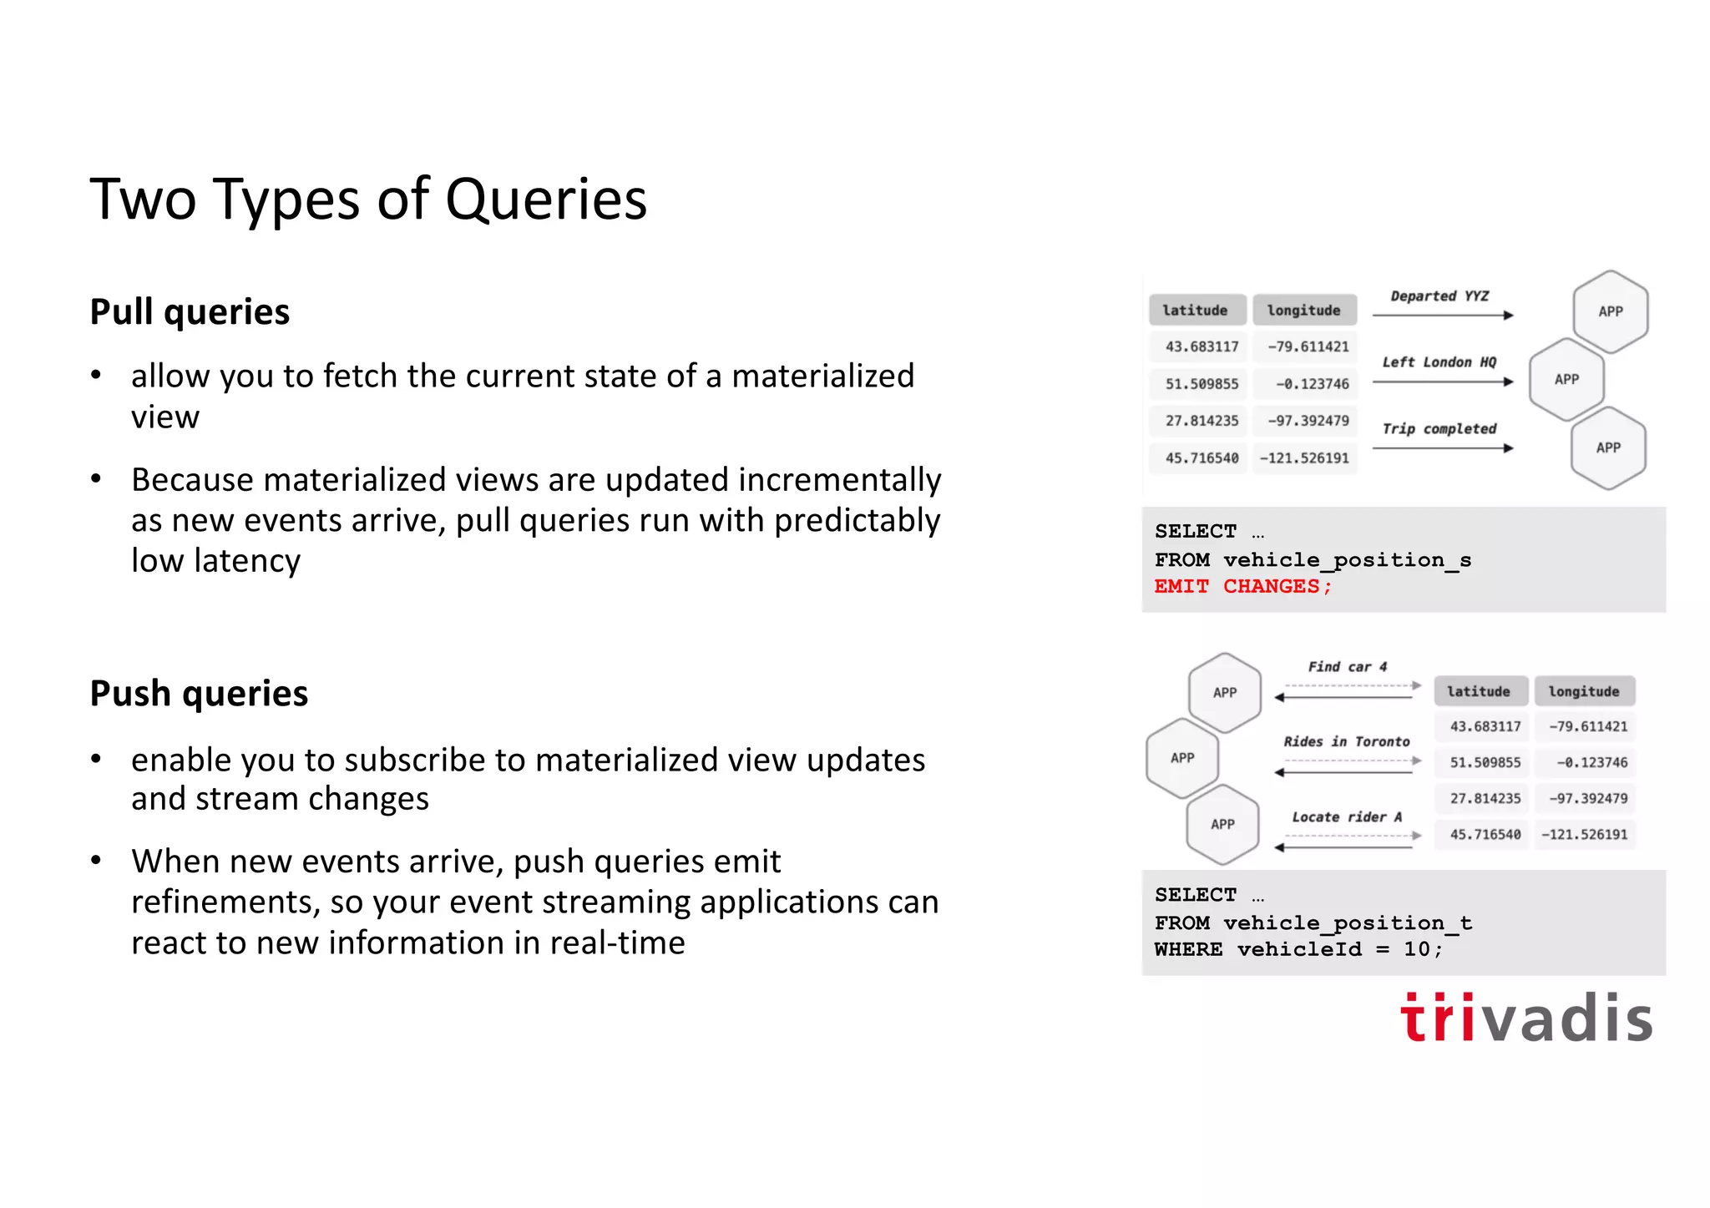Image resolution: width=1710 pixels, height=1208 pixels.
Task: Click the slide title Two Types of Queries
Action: (x=368, y=200)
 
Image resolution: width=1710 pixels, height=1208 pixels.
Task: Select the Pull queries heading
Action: (x=190, y=312)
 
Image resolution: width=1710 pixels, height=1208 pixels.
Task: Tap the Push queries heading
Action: (x=199, y=694)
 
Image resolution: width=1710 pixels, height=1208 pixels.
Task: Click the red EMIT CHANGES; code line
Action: (x=1242, y=587)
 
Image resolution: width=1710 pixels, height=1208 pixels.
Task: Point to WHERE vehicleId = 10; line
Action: (x=1298, y=949)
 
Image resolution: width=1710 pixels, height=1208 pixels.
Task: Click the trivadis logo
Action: (x=1525, y=1018)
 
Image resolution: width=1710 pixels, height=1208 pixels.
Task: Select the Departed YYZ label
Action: (x=1439, y=296)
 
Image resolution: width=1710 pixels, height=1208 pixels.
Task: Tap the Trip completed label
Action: (x=1439, y=429)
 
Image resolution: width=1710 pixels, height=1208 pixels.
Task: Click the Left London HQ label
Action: (x=1439, y=362)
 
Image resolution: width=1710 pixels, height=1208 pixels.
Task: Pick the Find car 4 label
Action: (x=1347, y=667)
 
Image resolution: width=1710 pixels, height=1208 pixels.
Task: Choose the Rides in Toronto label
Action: (x=1346, y=741)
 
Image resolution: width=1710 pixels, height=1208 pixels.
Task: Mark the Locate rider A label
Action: (x=1346, y=817)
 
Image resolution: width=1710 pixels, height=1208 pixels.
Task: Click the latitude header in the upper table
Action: (x=1196, y=311)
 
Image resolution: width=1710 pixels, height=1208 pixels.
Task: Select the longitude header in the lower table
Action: (x=1583, y=691)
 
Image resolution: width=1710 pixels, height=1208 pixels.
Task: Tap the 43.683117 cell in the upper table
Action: (x=1201, y=346)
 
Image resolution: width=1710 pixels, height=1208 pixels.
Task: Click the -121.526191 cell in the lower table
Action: (x=1583, y=834)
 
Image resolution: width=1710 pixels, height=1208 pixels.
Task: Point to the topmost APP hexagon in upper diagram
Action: (x=1610, y=311)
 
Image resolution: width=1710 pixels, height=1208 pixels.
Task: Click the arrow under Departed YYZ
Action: (x=1442, y=316)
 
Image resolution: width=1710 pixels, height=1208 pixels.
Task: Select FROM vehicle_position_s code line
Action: (x=1312, y=559)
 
